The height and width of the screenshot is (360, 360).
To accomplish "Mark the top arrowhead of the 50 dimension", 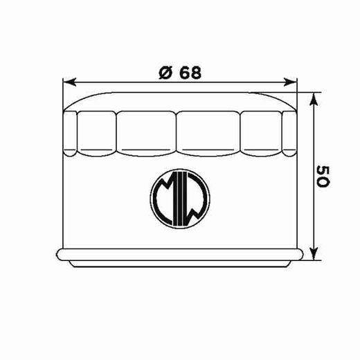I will click(x=315, y=96).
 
